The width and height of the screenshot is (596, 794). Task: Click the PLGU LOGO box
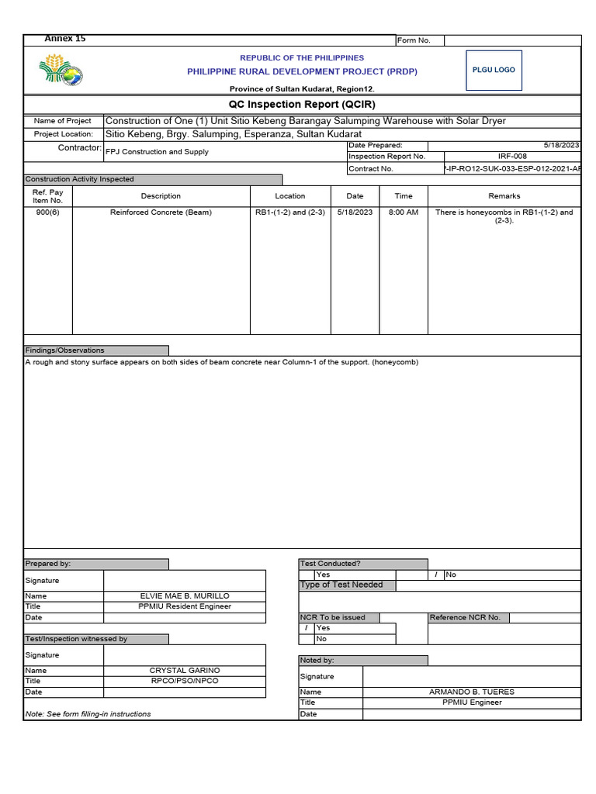click(494, 70)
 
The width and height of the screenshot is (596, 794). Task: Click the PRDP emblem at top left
click(61, 71)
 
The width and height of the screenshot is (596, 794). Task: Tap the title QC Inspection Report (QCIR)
click(302, 105)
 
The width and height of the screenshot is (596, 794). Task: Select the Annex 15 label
click(65, 39)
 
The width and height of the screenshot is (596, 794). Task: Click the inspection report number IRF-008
click(512, 157)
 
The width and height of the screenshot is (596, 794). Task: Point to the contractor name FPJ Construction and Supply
click(157, 152)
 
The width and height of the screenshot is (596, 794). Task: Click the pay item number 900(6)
click(47, 212)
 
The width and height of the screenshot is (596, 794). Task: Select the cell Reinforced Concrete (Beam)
click(161, 212)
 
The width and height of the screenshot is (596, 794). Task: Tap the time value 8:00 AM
click(404, 212)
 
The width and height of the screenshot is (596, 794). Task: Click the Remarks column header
click(504, 196)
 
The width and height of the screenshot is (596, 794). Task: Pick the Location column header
click(290, 196)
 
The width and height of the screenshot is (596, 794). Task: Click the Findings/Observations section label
click(65, 350)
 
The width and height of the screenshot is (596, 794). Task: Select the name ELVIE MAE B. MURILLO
click(185, 596)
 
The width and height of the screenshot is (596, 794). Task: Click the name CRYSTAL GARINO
click(185, 671)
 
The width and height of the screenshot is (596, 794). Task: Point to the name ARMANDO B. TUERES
click(471, 692)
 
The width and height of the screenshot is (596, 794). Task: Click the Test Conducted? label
click(331, 564)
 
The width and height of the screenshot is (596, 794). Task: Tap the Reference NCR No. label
click(465, 618)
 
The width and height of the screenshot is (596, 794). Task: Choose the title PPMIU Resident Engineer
click(185, 607)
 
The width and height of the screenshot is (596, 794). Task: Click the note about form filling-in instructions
click(88, 714)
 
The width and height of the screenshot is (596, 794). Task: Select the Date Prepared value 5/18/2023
click(563, 146)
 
